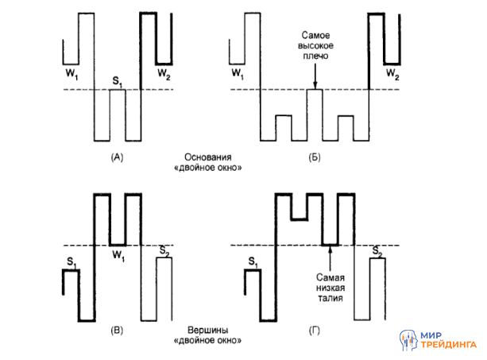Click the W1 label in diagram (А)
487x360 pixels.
tap(71, 73)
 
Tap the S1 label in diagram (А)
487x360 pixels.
tap(118, 81)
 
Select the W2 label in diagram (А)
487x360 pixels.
tap(163, 73)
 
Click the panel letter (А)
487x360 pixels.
tap(117, 157)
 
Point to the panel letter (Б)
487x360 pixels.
tap(314, 157)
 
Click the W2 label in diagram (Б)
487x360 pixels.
tap(392, 73)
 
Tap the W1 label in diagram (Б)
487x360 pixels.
tap(238, 73)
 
